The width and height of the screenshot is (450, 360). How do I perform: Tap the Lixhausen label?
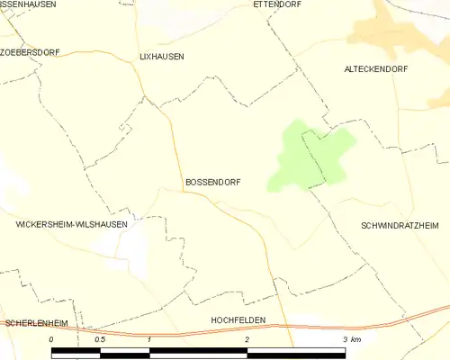[162, 56]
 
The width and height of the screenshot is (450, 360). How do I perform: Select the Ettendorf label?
[276, 4]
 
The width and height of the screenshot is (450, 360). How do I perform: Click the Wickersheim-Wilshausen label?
[72, 225]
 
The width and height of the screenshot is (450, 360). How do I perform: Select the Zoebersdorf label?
[31, 52]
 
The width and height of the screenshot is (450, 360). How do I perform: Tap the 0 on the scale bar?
[51, 339]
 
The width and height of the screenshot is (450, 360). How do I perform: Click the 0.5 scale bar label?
[100, 339]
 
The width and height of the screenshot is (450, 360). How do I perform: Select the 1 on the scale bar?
[148, 339]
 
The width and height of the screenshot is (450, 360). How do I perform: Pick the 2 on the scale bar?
[247, 339]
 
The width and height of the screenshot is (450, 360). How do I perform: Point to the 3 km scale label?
[351, 339]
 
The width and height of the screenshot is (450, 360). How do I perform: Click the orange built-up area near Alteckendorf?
[387, 31]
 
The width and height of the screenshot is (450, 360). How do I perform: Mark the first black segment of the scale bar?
[76, 352]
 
